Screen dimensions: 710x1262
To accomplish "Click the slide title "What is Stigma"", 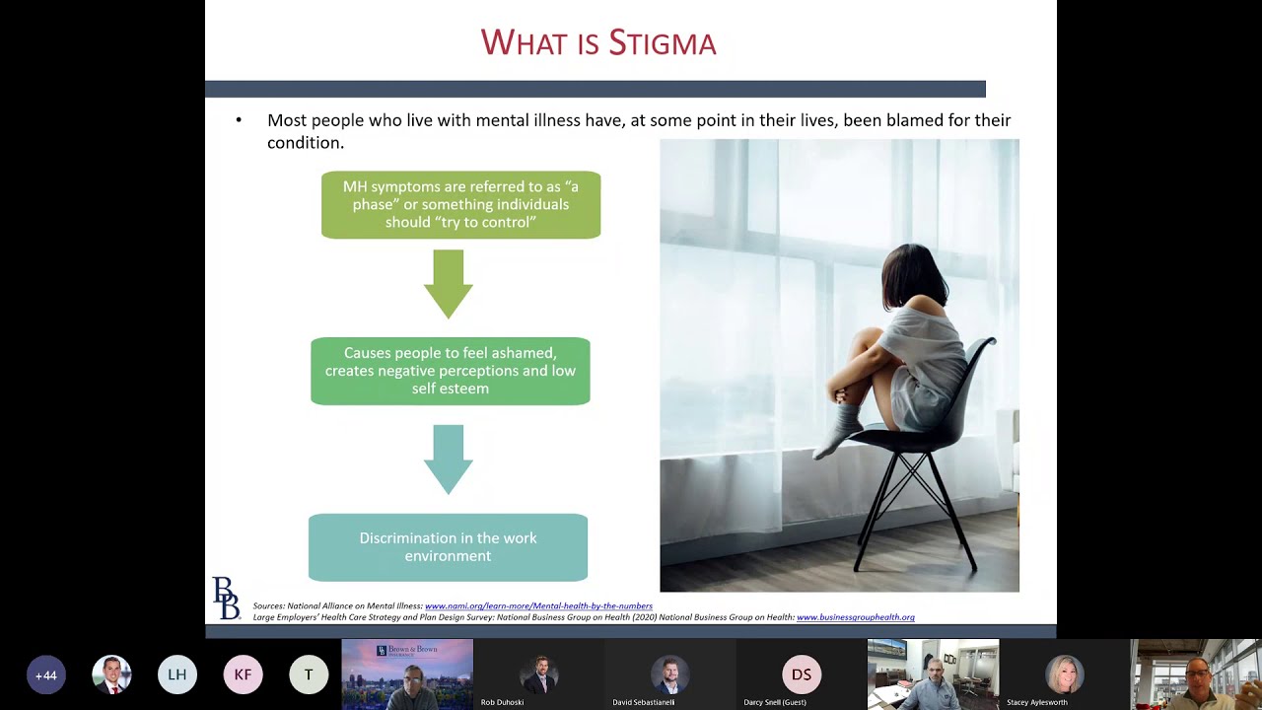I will point(597,42).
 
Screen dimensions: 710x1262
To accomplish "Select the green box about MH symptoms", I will point(460,205).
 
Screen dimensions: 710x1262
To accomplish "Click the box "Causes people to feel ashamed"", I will point(450,371).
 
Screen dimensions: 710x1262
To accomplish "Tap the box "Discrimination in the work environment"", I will point(448,547).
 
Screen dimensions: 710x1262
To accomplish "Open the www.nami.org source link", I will point(538,605).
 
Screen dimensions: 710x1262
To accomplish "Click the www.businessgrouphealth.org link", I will point(855,617).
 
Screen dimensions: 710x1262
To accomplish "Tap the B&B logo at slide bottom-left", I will point(226,599).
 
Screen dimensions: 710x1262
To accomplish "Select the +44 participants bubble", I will point(45,675).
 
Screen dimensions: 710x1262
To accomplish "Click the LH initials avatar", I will point(177,675).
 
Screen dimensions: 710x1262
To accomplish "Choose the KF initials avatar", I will point(243,675).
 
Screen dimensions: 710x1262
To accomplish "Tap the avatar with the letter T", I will point(309,675).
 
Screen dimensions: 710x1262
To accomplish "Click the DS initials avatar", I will point(802,675).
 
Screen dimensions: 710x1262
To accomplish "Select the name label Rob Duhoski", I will point(502,702).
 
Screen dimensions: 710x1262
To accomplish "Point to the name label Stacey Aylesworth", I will point(1036,702).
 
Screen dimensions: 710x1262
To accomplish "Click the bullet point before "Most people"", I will point(239,120).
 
